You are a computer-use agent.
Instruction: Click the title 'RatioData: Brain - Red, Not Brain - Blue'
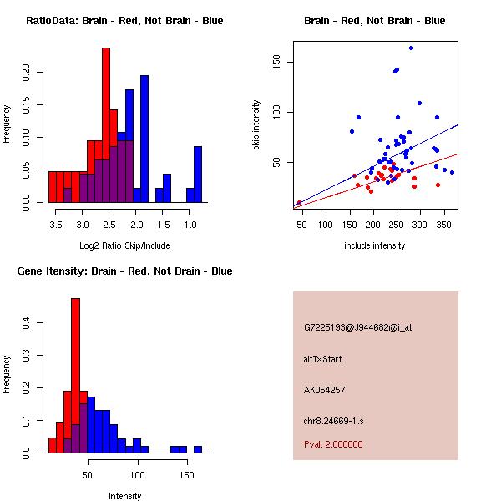click(124, 21)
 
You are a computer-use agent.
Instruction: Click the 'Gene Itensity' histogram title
click(124, 271)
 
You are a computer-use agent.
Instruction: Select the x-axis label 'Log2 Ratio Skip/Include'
click(124, 245)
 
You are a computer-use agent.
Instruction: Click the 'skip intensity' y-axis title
click(256, 125)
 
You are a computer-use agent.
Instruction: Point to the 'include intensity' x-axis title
click(375, 245)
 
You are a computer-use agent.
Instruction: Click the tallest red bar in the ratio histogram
click(106, 125)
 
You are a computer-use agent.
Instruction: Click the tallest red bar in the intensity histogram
click(75, 375)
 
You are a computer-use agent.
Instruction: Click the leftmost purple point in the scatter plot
click(299, 202)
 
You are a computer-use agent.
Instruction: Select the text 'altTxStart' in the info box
click(322, 359)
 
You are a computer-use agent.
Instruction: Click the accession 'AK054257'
click(325, 390)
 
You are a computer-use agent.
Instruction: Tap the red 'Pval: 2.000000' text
click(333, 444)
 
